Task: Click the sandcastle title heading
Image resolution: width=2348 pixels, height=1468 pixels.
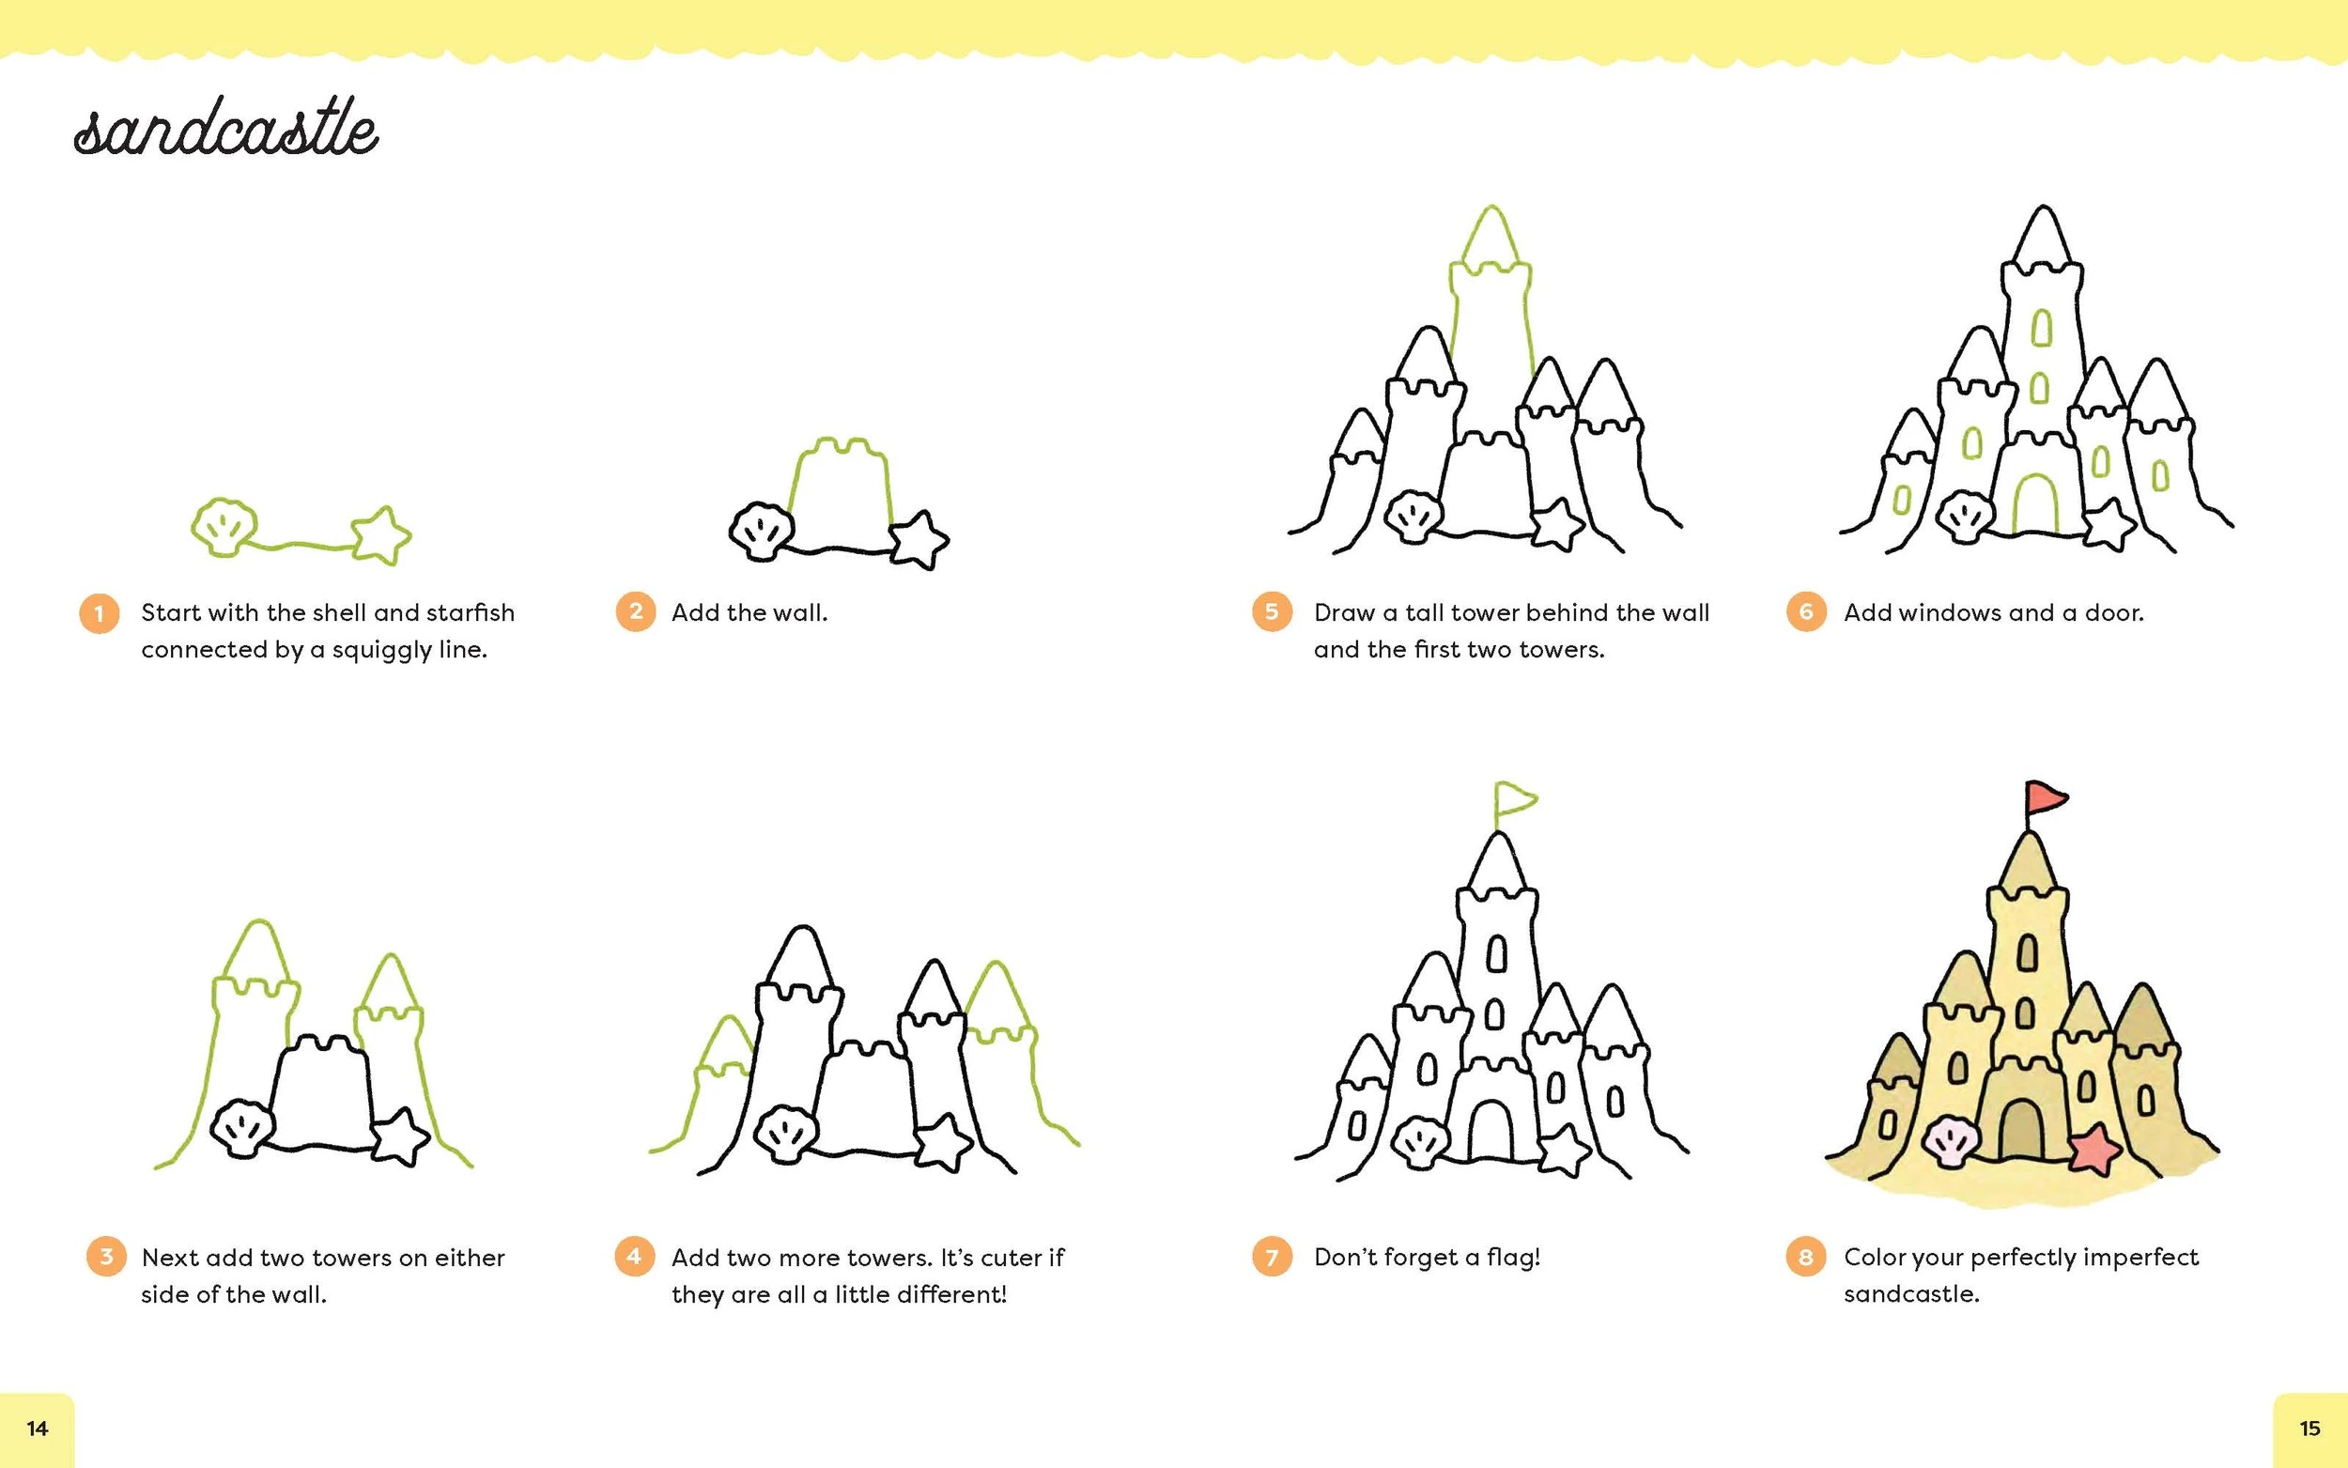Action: point(226,128)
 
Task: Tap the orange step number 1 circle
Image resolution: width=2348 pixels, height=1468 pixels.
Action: point(99,613)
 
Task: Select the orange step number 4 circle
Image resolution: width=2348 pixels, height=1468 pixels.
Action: point(635,1257)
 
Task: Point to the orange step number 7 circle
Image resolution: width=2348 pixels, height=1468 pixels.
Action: point(1272,1258)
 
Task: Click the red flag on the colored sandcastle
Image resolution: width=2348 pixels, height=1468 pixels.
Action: point(2046,798)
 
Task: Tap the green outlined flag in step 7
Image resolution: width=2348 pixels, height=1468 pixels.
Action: point(1514,800)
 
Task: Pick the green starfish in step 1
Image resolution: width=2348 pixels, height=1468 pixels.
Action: point(380,535)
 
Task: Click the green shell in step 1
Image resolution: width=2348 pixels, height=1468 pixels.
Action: point(224,527)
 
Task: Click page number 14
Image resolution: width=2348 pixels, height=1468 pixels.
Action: point(37,1429)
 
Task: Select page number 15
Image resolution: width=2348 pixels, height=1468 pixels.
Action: point(2310,1429)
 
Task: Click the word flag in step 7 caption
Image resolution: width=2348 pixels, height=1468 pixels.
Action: point(1513,1258)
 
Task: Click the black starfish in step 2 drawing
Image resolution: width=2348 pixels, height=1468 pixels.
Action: point(919,540)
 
